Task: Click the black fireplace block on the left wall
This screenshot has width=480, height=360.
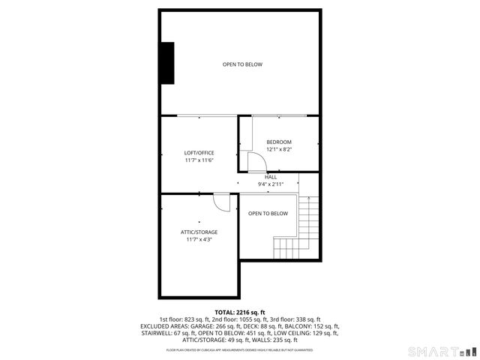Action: pos(166,63)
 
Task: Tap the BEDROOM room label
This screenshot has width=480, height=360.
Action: pos(279,142)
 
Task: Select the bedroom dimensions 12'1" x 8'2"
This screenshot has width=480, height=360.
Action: pos(279,149)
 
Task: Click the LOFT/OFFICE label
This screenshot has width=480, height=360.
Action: pos(199,153)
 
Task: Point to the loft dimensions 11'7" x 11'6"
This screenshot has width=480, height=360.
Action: pos(199,160)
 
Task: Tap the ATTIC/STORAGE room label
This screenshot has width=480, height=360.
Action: pos(199,232)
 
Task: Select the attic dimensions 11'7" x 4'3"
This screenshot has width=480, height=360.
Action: pos(199,239)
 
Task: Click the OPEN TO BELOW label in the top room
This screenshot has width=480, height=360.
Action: pos(242,64)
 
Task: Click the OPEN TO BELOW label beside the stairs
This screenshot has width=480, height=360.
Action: pos(268,214)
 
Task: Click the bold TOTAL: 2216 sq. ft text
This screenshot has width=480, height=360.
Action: pos(240,312)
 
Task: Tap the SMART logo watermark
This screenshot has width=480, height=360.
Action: pos(441,351)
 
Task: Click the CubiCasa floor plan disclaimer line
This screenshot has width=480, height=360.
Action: pos(240,349)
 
